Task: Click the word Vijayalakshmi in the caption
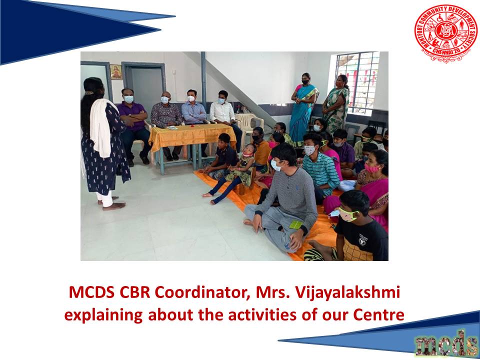pos(347,292)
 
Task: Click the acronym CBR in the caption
pos(134,292)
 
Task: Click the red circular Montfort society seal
pos(445,33)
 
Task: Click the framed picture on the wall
pos(116,72)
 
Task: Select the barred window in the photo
pos(357,82)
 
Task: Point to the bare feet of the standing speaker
pos(111,203)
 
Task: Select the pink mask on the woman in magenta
pos(371,168)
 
